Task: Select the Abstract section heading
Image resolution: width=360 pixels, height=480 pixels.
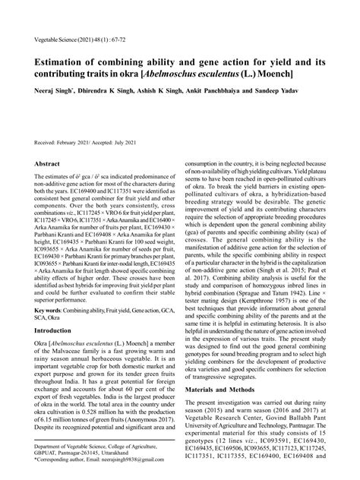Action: coord(47,163)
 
